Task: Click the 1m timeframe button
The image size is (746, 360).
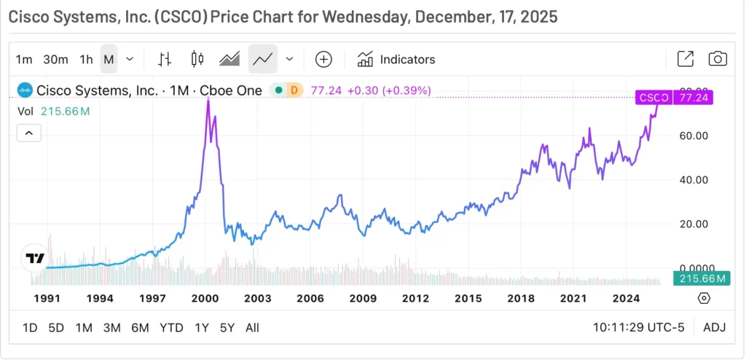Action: pos(24,59)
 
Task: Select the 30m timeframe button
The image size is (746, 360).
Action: pos(55,59)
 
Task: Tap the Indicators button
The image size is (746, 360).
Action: pos(396,59)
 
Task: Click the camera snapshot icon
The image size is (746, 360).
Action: pos(718,59)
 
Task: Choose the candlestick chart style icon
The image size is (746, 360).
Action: pos(196,59)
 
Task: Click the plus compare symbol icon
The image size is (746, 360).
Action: pos(323,59)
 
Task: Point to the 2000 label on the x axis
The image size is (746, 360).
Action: pos(205,298)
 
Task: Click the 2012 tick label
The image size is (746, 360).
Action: pos(415,298)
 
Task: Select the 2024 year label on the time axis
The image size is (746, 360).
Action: pos(626,298)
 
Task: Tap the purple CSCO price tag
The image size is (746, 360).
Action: pos(653,97)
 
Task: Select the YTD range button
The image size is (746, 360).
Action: pos(171,327)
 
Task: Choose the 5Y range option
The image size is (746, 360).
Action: pos(227,327)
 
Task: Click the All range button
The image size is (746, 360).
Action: pos(252,327)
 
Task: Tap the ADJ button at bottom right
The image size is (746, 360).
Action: pos(715,327)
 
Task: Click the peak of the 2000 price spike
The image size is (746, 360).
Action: pos(208,100)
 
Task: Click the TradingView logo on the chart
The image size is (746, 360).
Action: pos(34,258)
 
